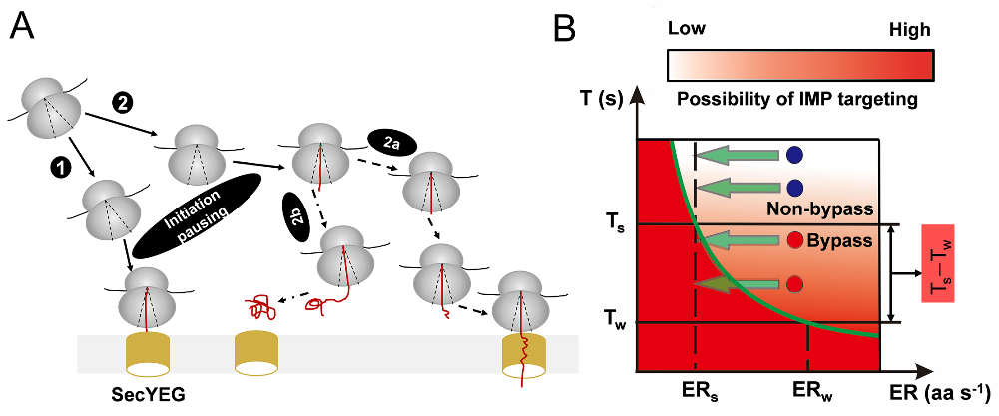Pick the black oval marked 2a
tap(389, 141)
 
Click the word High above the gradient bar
tap(910, 32)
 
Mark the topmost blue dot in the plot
tap(795, 155)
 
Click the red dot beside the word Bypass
tap(795, 240)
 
